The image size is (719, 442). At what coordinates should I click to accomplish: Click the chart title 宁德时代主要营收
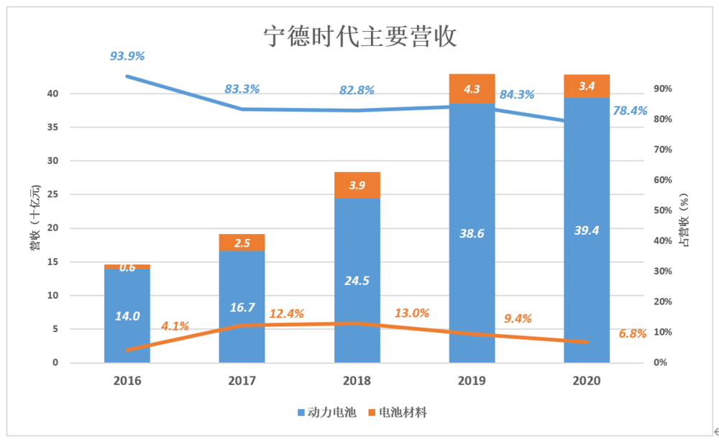click(360, 37)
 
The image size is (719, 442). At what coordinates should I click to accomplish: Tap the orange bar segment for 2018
click(357, 185)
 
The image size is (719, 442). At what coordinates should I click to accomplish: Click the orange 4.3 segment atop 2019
click(472, 89)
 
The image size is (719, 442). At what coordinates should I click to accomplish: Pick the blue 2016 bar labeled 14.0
click(127, 315)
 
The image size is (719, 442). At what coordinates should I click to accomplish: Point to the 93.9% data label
click(127, 56)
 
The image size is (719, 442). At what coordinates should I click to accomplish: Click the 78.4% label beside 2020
click(630, 111)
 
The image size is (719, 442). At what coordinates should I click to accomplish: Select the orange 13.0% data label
click(412, 313)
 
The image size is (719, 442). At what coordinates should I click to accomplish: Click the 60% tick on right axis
click(662, 180)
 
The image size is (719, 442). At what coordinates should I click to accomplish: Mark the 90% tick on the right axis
click(662, 89)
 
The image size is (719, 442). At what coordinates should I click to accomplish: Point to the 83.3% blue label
click(242, 89)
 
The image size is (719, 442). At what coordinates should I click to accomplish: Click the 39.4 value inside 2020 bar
click(587, 230)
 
